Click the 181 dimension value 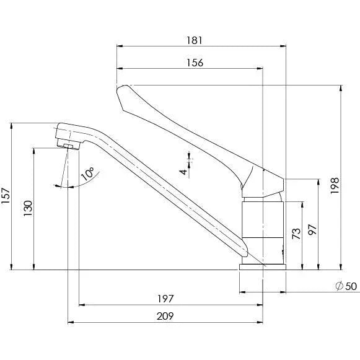click(195, 40)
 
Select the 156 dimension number click(195, 63)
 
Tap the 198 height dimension click(335, 183)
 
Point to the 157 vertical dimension click(7, 197)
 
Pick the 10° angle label click(86, 174)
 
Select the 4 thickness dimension click(183, 170)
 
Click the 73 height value click(296, 235)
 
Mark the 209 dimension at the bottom click(164, 316)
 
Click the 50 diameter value click(351, 286)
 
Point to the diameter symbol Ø click(338, 286)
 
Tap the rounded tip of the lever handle click(122, 90)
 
